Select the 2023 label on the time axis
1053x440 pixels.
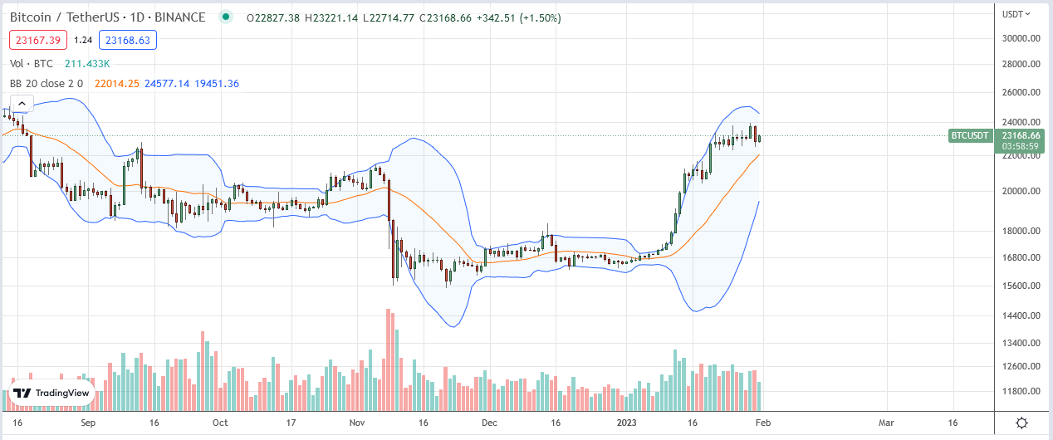(x=625, y=422)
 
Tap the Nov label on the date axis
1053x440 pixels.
(x=357, y=422)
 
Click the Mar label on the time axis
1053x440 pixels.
(x=886, y=422)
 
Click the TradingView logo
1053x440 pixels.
(x=51, y=394)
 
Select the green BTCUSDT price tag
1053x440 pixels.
(x=970, y=134)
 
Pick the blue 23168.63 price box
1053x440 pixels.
(x=127, y=39)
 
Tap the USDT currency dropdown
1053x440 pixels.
(x=1016, y=13)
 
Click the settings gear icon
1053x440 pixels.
(x=1022, y=423)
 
